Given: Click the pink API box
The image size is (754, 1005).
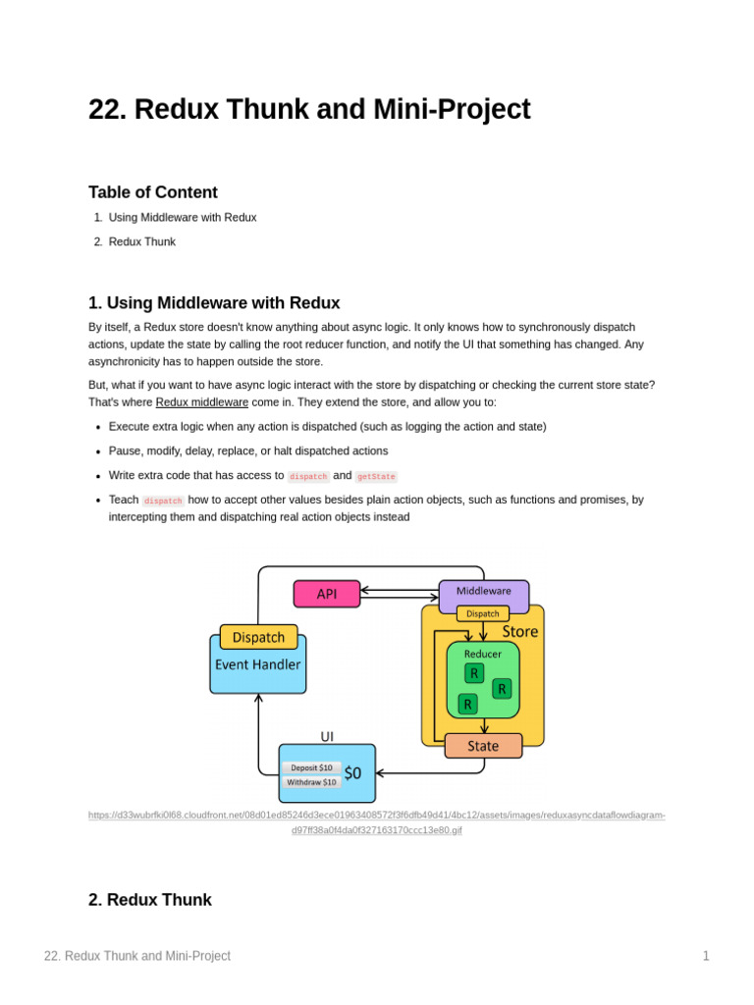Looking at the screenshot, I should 327,594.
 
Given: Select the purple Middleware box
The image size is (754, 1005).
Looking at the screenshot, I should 483,592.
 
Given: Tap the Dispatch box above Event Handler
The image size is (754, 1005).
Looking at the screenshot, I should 259,637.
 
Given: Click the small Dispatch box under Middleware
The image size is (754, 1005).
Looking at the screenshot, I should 482,613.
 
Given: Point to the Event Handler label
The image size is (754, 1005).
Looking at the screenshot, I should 258,664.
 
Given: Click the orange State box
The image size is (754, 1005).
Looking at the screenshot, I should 483,746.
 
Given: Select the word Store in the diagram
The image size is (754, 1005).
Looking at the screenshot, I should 520,632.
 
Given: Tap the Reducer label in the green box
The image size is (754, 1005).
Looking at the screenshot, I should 483,653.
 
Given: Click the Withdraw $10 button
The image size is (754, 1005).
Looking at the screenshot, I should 311,782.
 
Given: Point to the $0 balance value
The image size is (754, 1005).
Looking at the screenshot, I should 353,773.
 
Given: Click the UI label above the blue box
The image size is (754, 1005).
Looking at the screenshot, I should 327,735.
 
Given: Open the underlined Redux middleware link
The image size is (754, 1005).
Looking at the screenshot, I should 202,402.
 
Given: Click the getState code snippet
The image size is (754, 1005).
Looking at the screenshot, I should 376,476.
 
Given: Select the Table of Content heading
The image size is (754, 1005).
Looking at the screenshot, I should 153,192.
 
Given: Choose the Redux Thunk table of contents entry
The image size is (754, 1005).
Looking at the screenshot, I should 142,241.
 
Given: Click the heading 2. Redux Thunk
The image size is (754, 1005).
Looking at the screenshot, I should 150,900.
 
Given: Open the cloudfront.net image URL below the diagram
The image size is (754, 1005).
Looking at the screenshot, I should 376,822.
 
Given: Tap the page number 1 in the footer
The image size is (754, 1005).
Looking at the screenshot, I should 705,956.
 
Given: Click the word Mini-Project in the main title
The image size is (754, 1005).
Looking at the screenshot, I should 452,109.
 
